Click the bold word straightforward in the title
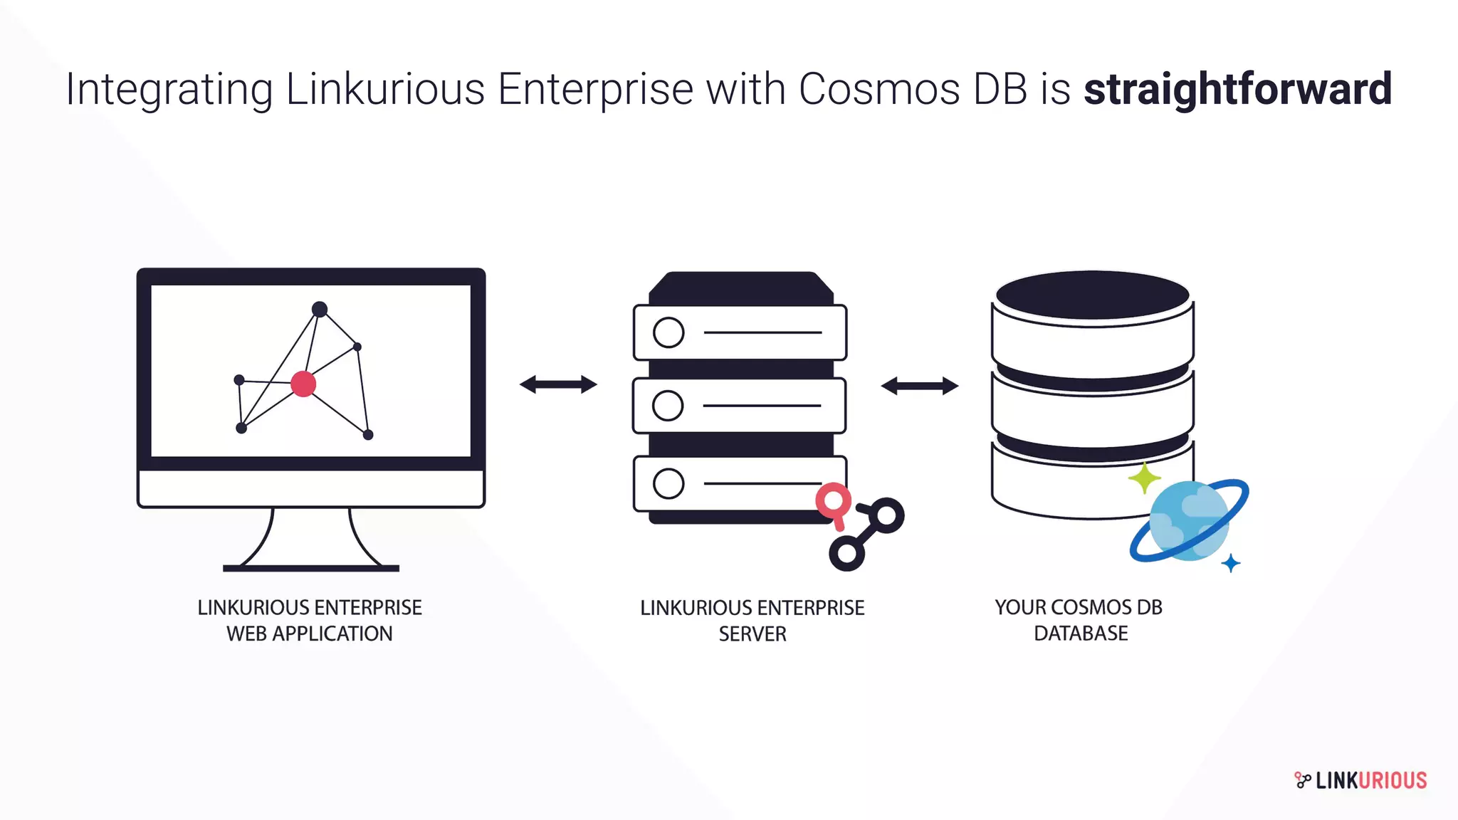pos(1237,90)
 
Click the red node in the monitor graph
pos(303,384)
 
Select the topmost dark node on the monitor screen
pos(320,309)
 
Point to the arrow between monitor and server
pos(558,384)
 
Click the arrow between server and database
pos(920,386)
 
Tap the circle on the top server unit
pos(668,332)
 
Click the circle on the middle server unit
pos(668,406)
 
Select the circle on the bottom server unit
pos(668,484)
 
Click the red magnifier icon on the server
pos(834,503)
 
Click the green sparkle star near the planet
pos(1144,478)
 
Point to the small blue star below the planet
pos(1231,564)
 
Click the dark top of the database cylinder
pos(1092,295)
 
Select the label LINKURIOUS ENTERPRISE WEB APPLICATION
pos(310,620)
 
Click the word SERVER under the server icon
pos(752,634)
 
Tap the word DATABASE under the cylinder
pos(1081,633)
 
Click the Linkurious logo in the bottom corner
pos(1360,780)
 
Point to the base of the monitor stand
pos(311,567)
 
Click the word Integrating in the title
pos(169,90)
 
